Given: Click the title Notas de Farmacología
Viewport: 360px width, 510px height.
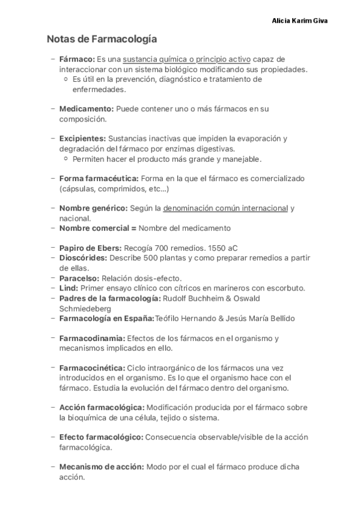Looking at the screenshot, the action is tap(102, 40).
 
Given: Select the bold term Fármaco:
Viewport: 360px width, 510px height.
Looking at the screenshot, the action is tap(77, 59).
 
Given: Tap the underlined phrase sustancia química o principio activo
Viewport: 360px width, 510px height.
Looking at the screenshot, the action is tap(186, 59).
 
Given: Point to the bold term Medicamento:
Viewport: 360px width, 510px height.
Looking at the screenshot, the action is tap(86, 109).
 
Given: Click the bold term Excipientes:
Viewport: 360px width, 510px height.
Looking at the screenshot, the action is tap(83, 138).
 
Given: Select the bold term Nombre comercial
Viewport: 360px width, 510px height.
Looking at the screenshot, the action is tap(94, 229).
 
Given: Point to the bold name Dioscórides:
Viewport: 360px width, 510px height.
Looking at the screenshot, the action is tap(83, 258).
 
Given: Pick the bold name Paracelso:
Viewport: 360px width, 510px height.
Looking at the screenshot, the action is tap(79, 278).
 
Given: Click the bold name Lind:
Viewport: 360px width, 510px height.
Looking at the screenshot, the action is tap(69, 288).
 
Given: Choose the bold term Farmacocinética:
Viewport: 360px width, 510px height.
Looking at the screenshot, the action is tap(92, 367).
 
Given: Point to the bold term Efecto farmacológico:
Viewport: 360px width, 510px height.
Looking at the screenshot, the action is tap(101, 437).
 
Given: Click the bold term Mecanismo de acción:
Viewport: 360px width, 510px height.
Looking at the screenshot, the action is tap(102, 467).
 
